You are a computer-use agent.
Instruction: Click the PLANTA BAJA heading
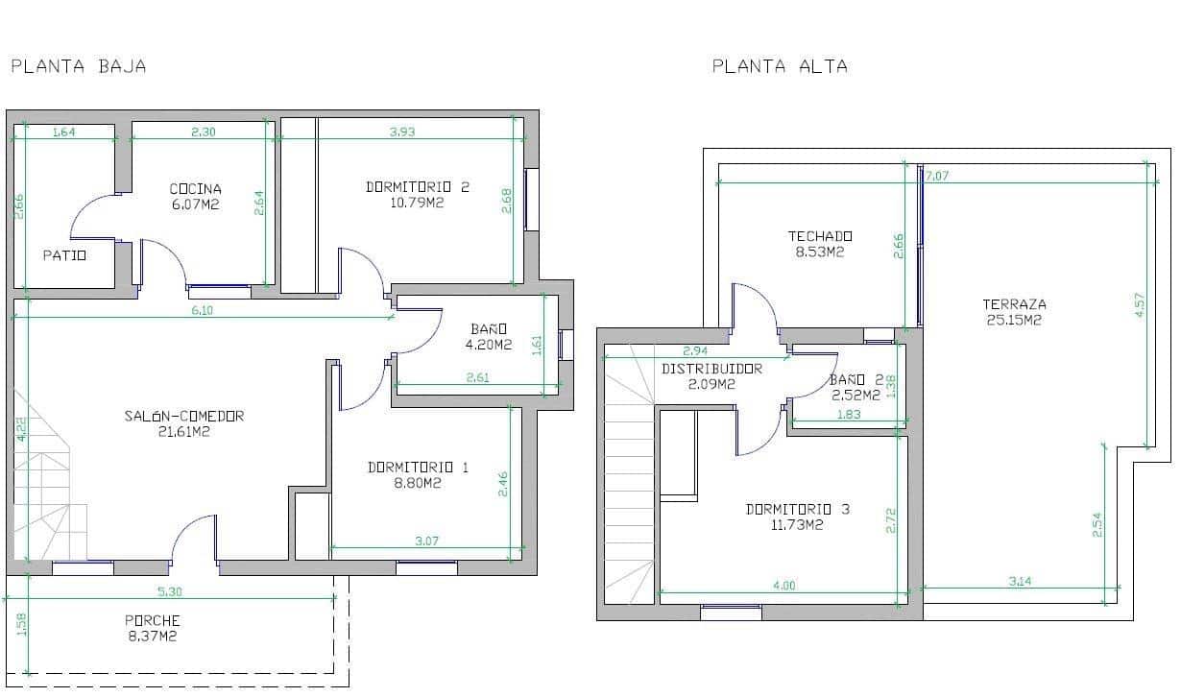(78, 66)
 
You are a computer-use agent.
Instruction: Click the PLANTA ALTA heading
(780, 66)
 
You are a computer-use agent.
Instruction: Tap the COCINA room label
(195, 189)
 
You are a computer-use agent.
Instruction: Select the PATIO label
(65, 255)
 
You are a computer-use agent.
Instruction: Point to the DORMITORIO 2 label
(418, 187)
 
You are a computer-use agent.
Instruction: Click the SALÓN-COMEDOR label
(184, 416)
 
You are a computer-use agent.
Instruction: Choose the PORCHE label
(153, 620)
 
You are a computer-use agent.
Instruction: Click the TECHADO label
(820, 236)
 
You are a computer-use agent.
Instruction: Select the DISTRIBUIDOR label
(712, 369)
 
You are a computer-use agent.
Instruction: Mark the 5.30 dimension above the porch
(168, 591)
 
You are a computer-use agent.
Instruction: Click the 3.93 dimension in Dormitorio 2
(402, 132)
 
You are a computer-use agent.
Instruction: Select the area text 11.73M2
(798, 525)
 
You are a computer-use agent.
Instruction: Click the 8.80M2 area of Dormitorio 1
(418, 484)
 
